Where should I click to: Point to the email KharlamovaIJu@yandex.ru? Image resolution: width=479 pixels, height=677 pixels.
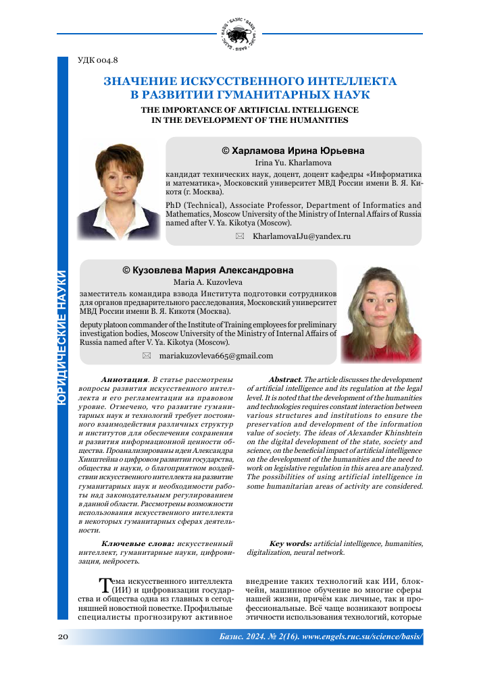pos(301,236)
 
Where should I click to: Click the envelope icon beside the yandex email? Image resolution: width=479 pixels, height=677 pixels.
pos(238,236)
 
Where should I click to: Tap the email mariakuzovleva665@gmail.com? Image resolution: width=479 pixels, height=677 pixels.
pos(216,355)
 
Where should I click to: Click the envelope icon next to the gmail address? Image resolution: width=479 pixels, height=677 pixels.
pos(146,355)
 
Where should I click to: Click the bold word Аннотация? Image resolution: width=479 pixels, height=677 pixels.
pos(124,379)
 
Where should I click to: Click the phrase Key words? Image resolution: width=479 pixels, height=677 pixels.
pos(290,543)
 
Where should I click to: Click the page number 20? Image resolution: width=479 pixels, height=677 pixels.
pos(63,637)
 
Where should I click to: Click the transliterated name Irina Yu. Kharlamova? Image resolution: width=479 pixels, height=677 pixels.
pos(293,163)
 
